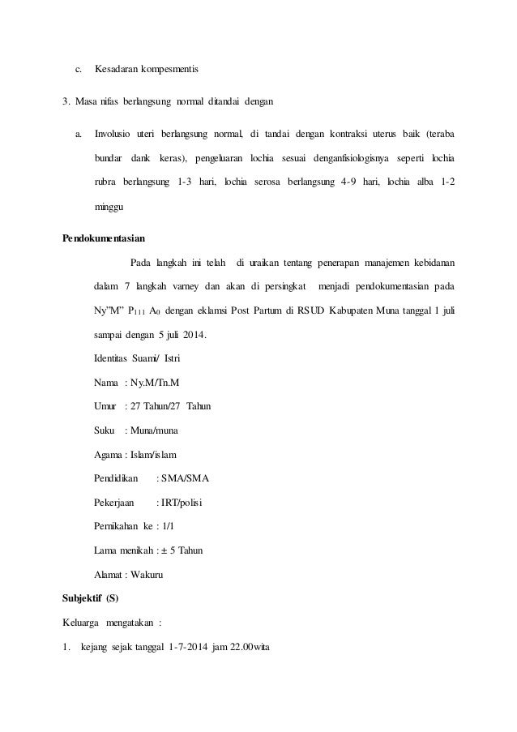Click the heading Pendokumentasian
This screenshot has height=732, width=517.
click(x=105, y=238)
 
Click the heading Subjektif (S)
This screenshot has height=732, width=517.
click(x=90, y=600)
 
